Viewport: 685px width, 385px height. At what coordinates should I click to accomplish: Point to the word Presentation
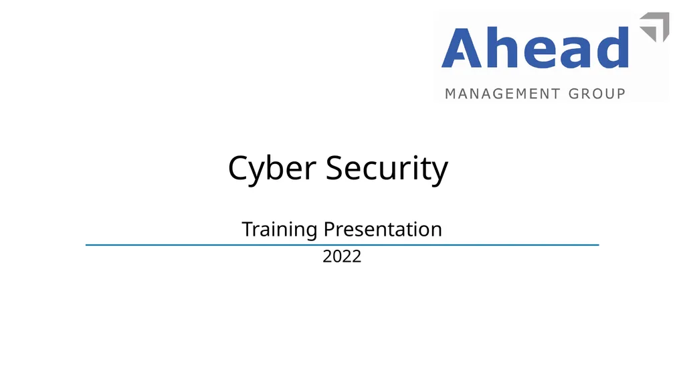383,229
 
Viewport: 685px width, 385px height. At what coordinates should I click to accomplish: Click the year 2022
342,256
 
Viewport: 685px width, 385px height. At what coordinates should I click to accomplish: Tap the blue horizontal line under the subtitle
342,246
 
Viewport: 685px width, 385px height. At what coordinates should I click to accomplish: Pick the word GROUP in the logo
597,94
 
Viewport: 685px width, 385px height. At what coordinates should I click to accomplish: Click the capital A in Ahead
462,49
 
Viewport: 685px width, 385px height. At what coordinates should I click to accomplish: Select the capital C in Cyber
239,168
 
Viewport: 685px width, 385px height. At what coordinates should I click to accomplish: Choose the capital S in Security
335,168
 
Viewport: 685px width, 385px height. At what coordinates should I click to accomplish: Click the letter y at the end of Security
438,172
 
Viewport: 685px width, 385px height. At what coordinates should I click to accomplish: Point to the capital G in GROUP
573,94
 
